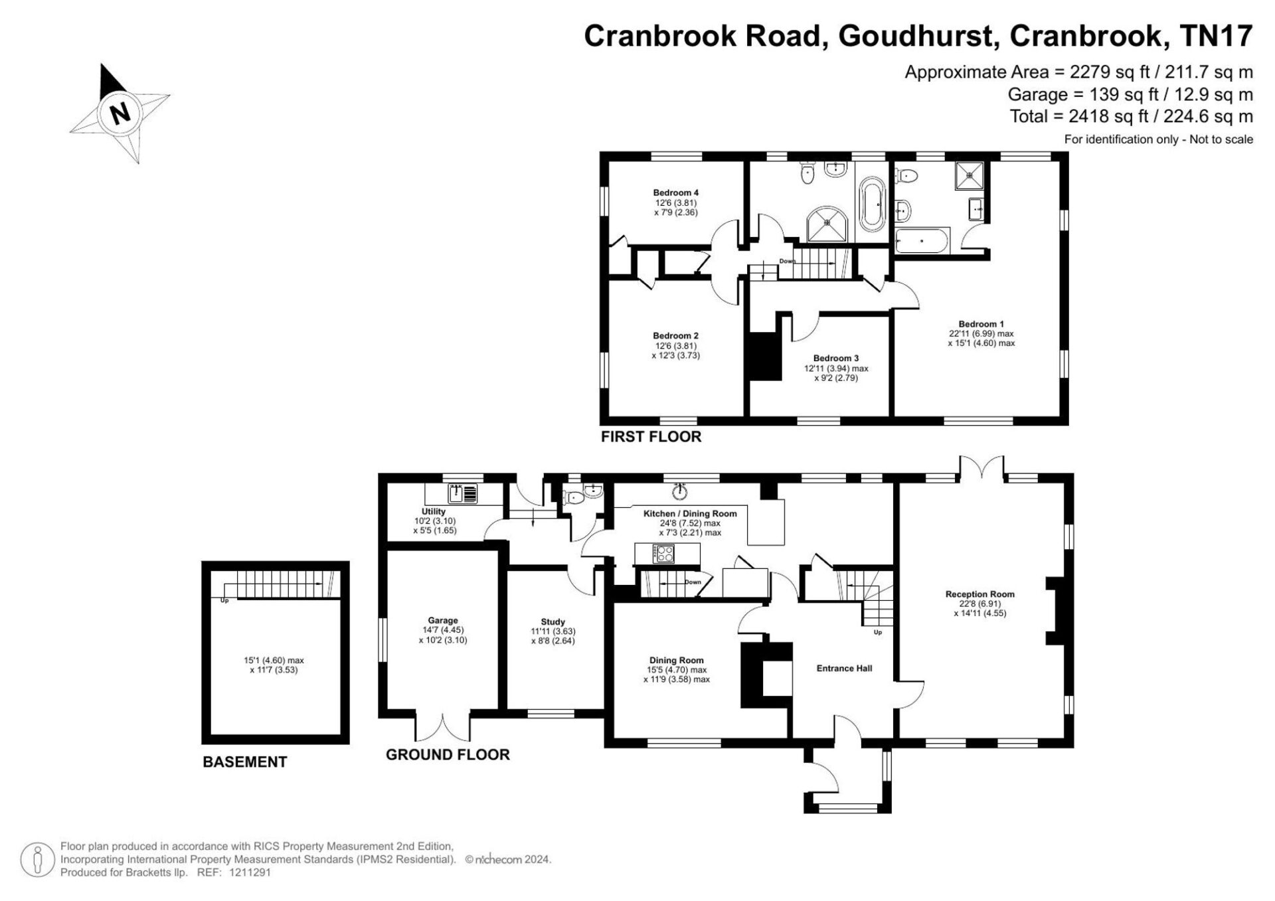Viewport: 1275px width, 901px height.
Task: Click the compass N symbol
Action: point(120,114)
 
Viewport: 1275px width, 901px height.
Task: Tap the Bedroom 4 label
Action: point(676,193)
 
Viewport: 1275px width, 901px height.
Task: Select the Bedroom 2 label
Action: point(675,336)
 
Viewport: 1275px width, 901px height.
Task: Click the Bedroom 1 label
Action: point(981,324)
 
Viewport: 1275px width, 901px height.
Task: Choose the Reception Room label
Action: point(979,594)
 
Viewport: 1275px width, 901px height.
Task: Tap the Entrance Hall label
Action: point(844,669)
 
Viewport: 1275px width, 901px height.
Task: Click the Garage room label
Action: point(442,621)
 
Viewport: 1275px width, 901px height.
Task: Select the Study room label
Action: point(552,622)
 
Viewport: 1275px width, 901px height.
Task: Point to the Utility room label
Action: point(434,511)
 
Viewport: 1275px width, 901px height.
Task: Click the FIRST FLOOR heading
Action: point(651,437)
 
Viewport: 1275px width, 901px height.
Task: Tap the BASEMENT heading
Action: point(245,762)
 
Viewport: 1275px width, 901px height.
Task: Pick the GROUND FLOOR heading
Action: point(448,755)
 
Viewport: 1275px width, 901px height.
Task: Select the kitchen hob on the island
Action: point(664,553)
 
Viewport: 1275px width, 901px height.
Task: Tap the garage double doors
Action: point(443,726)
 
